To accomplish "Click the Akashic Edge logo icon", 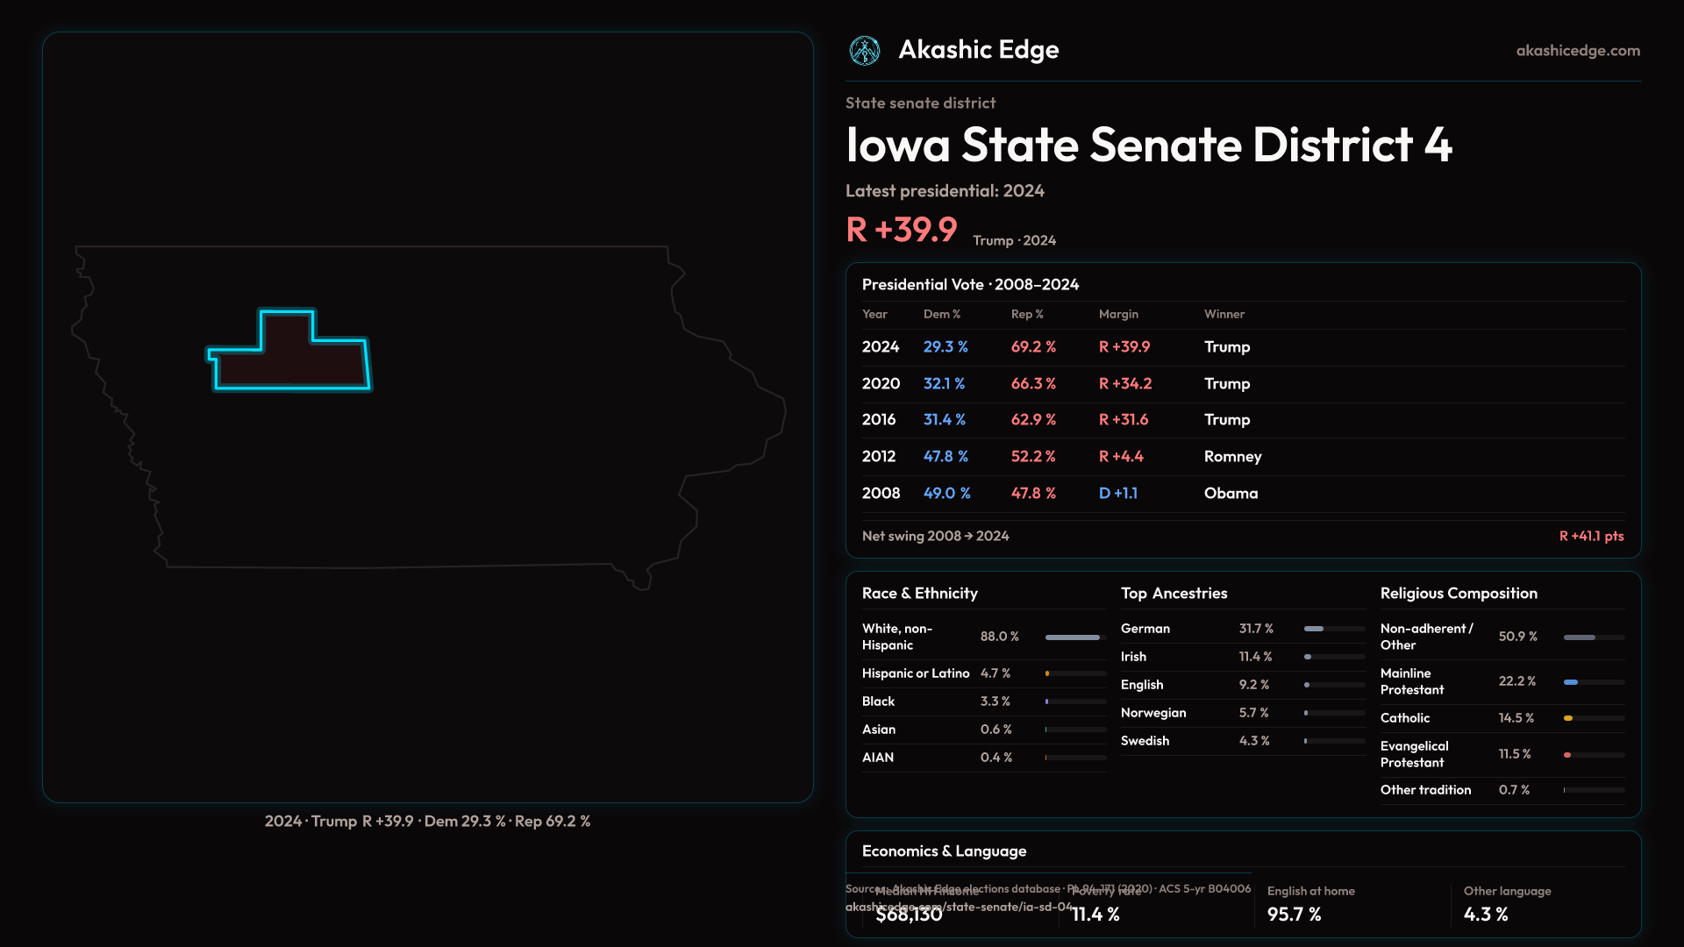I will point(865,51).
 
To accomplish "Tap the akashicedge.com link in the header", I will point(1578,51).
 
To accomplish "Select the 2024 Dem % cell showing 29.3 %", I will point(945,347).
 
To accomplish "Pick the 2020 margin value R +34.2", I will point(1125,384).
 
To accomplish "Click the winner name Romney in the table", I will point(1232,457).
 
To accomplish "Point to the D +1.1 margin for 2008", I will point(1118,494).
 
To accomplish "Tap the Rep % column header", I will point(1027,314).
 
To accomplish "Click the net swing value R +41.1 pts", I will point(1591,537).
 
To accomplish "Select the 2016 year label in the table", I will point(879,420).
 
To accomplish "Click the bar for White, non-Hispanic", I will point(1073,637).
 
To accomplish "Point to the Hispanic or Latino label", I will point(916,673).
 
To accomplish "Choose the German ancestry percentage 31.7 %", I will point(1256,629).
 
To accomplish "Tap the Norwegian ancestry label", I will point(1153,713).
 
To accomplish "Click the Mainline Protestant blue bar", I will point(1571,682).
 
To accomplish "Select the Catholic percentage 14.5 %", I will point(1516,718).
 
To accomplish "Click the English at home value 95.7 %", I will point(1295,915).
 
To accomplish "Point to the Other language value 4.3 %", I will point(1486,915).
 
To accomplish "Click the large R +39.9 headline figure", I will point(902,230).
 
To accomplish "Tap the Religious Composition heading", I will point(1459,594).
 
